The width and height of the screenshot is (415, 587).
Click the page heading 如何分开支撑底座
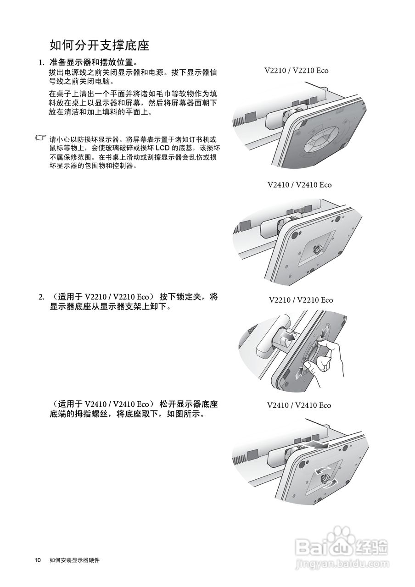click(x=100, y=45)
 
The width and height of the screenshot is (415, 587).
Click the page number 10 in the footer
click(x=38, y=560)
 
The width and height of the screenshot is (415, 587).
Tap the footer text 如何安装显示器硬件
click(x=75, y=560)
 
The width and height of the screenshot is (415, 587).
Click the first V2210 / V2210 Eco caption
click(x=297, y=71)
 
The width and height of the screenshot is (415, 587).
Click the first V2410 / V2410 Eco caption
click(x=299, y=185)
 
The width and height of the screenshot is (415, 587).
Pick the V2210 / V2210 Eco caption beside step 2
click(x=301, y=300)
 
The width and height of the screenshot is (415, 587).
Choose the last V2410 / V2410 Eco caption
click(x=299, y=405)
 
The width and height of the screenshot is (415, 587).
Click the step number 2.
click(x=41, y=297)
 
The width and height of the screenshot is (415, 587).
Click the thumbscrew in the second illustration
click(x=317, y=249)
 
